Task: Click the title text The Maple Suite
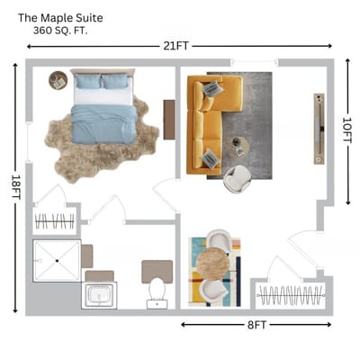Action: click(x=60, y=18)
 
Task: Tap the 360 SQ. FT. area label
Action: click(x=60, y=31)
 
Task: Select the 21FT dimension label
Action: click(x=176, y=46)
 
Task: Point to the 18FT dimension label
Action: click(x=15, y=187)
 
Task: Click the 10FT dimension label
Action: click(x=347, y=130)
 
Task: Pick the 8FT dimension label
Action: click(x=256, y=325)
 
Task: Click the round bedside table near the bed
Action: click(x=58, y=80)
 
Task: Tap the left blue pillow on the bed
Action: click(x=87, y=81)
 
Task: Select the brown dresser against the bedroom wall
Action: click(x=169, y=120)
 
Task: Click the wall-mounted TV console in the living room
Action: click(x=319, y=129)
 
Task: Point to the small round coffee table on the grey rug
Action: click(x=239, y=147)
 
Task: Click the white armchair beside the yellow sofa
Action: click(x=237, y=179)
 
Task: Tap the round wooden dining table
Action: click(x=212, y=264)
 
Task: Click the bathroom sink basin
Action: click(x=99, y=295)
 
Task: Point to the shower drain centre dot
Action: click(x=57, y=261)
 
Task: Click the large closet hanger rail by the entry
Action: click(x=291, y=295)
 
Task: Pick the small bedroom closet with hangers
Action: click(x=55, y=221)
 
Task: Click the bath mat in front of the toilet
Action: click(x=157, y=271)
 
